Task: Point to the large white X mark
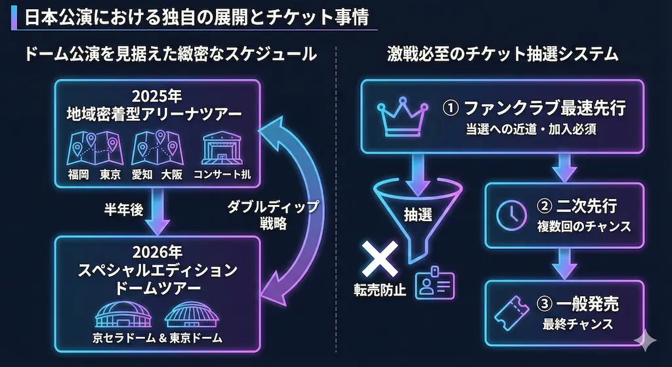[379, 259]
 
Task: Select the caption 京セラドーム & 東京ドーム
[157, 339]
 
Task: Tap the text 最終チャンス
[577, 324]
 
